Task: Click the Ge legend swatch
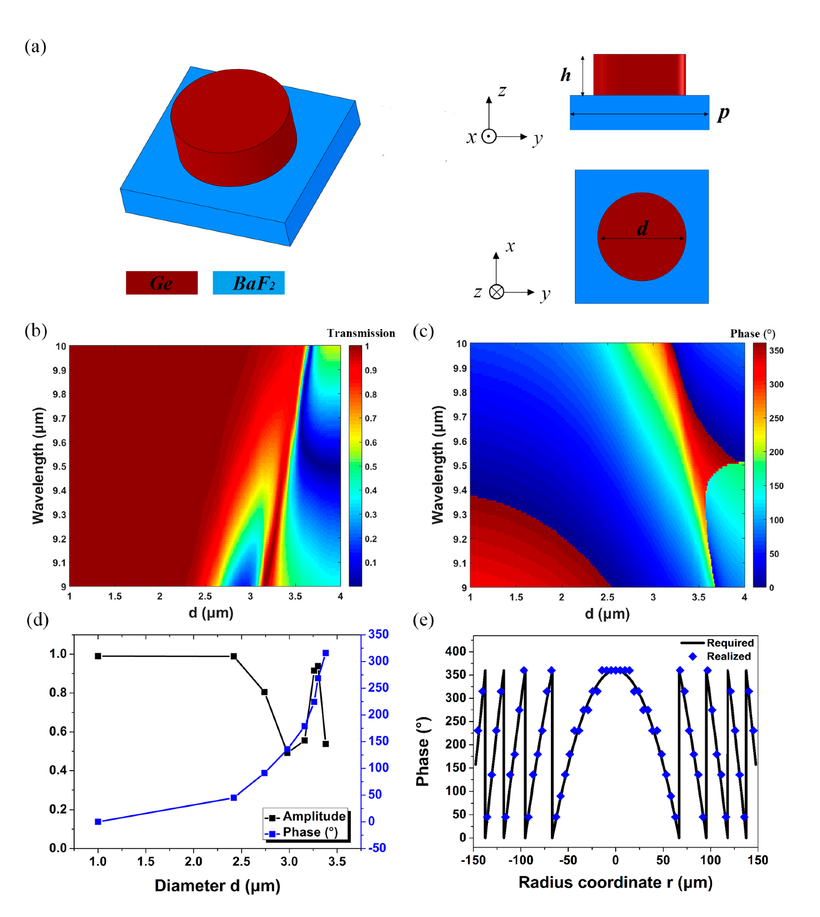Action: pyautogui.click(x=162, y=283)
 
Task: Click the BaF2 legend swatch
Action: pyautogui.click(x=248, y=283)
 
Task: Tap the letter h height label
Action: pyautogui.click(x=565, y=75)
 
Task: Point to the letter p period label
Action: pyautogui.click(x=723, y=113)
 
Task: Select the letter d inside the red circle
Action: pyautogui.click(x=642, y=228)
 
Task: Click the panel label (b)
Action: pyautogui.click(x=36, y=331)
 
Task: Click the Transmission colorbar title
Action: pyautogui.click(x=361, y=334)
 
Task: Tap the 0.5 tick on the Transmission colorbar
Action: pyautogui.click(x=370, y=467)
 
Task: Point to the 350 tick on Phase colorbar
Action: pyautogui.click(x=776, y=351)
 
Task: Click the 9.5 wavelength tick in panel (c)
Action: pyautogui.click(x=460, y=465)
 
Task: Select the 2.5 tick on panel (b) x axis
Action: pyautogui.click(x=205, y=596)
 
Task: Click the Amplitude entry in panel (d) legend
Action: pyautogui.click(x=314, y=816)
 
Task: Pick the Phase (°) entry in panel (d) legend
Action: pyautogui.click(x=310, y=832)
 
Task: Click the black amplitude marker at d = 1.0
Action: pyautogui.click(x=98, y=656)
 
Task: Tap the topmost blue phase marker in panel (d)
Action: pyautogui.click(x=326, y=653)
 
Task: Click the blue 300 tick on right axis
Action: pyautogui.click(x=378, y=661)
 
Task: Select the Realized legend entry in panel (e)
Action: pyautogui.click(x=728, y=656)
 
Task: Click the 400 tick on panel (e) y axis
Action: pyautogui.click(x=455, y=651)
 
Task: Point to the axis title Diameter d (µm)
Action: pyautogui.click(x=217, y=886)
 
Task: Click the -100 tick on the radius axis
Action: pyautogui.click(x=520, y=860)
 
